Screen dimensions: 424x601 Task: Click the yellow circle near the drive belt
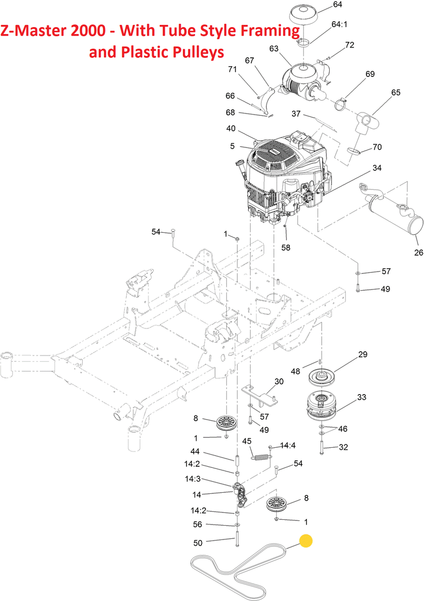click(x=306, y=541)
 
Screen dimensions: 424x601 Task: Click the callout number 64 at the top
click(x=338, y=5)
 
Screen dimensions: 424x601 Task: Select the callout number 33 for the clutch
click(x=361, y=397)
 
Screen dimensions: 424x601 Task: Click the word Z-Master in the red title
click(x=33, y=30)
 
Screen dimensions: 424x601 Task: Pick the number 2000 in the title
click(x=87, y=30)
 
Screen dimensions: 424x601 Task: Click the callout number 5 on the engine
click(x=233, y=146)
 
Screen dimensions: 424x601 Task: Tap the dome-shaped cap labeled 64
click(x=304, y=16)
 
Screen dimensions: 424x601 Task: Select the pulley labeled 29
click(x=321, y=377)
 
